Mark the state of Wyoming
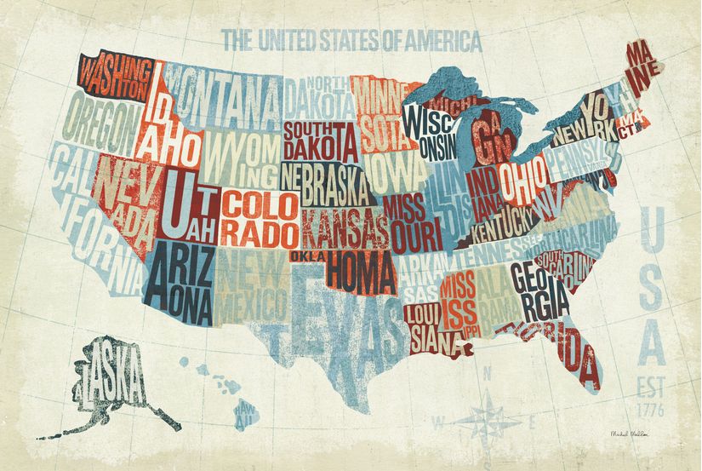click(240, 157)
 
